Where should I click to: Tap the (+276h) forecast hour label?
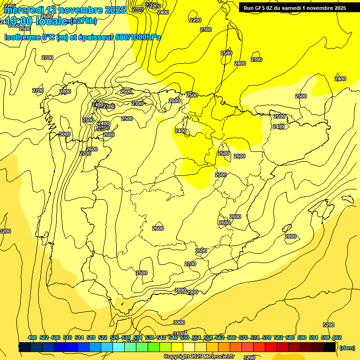click(83, 21)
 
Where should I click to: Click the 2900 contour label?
click(192, 292)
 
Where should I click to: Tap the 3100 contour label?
click(179, 334)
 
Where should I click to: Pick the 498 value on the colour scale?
click(32, 337)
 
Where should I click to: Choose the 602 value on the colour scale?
click(337, 337)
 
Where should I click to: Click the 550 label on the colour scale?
click(185, 337)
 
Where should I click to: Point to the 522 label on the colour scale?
click(103, 337)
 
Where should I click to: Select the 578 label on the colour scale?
click(267, 337)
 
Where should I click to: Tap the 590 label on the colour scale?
click(302, 337)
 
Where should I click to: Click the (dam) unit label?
click(347, 347)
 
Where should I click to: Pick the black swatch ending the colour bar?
click(330, 347)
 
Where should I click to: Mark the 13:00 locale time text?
click(36, 21)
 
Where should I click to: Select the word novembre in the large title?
click(78, 10)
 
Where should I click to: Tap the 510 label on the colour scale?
click(67, 337)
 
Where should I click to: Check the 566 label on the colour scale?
click(232, 337)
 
